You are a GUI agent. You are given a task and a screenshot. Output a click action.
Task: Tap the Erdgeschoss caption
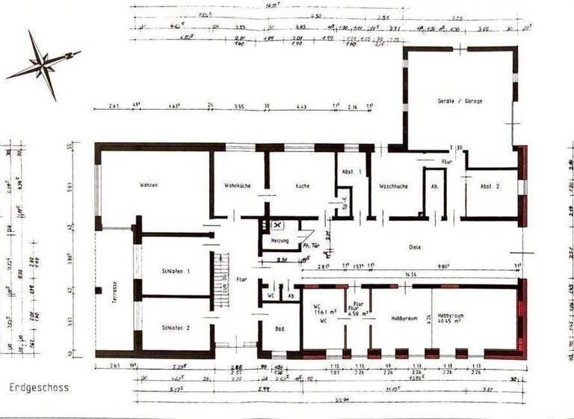(x=39, y=388)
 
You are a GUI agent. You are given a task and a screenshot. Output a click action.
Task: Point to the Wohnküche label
(x=236, y=185)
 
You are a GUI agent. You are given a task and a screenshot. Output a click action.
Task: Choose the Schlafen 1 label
(x=176, y=270)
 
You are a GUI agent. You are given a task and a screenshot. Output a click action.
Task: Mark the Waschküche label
(x=393, y=186)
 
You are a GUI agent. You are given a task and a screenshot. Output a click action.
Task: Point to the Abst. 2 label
(x=490, y=186)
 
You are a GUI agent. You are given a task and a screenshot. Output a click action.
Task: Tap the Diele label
(x=415, y=246)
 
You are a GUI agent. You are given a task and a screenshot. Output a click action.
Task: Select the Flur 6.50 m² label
(x=359, y=308)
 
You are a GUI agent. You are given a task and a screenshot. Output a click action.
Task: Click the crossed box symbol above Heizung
(x=277, y=224)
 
